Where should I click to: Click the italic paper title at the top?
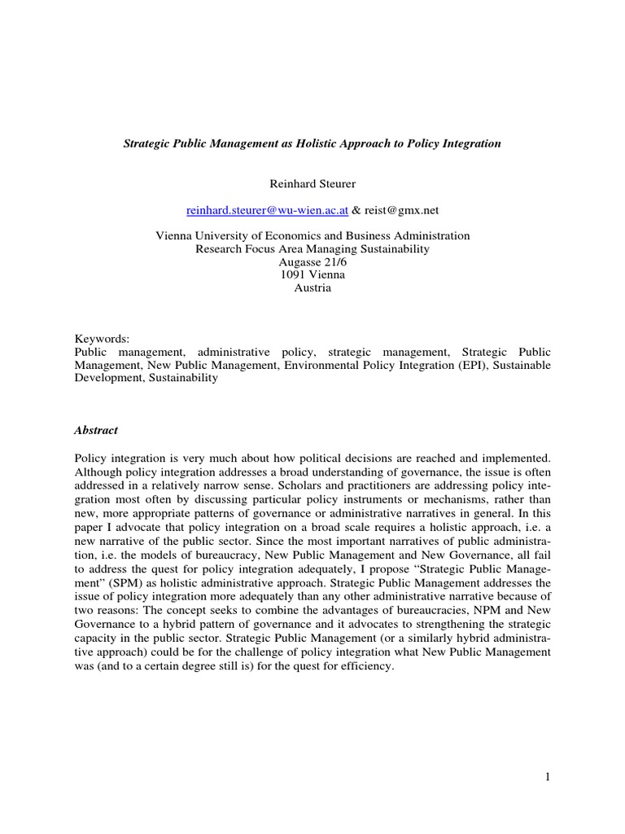click(x=312, y=143)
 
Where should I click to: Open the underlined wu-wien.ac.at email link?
click(x=267, y=209)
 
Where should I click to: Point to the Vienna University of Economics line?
click(x=312, y=236)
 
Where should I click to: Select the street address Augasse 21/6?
click(x=312, y=262)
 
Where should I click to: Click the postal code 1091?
click(x=291, y=275)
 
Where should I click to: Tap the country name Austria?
click(x=312, y=288)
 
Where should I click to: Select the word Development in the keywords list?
click(x=108, y=379)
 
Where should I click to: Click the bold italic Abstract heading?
click(x=96, y=430)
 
